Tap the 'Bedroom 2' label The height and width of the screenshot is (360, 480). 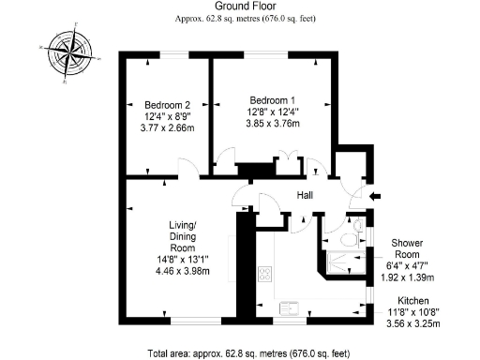pos(167,104)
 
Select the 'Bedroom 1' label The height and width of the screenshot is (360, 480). pos(271,99)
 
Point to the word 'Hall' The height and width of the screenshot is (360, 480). pos(305,196)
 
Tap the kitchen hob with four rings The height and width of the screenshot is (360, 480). pos(265,275)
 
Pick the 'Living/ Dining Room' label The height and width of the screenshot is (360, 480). pos(182,238)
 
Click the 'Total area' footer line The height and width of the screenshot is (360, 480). pos(248,353)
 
